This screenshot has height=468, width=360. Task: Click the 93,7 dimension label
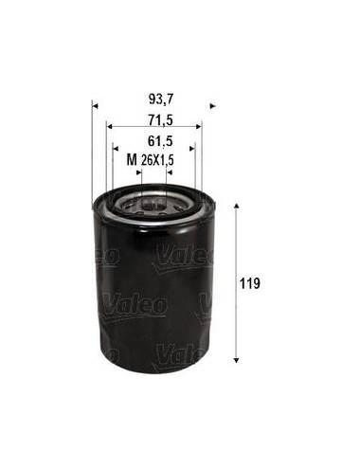[x=161, y=99]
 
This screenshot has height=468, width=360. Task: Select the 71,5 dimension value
[x=161, y=120]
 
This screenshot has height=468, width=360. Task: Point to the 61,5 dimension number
[x=161, y=141]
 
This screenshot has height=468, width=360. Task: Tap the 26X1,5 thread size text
[x=157, y=160]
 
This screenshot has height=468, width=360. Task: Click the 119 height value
[x=250, y=283]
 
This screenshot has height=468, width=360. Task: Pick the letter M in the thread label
[x=132, y=160]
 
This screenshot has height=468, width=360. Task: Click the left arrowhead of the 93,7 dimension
[x=96, y=106]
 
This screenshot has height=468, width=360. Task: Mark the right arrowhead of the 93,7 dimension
[x=213, y=106]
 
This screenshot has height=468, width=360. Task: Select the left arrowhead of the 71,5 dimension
[x=110, y=127]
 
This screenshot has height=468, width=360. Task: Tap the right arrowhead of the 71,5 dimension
[x=199, y=127]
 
